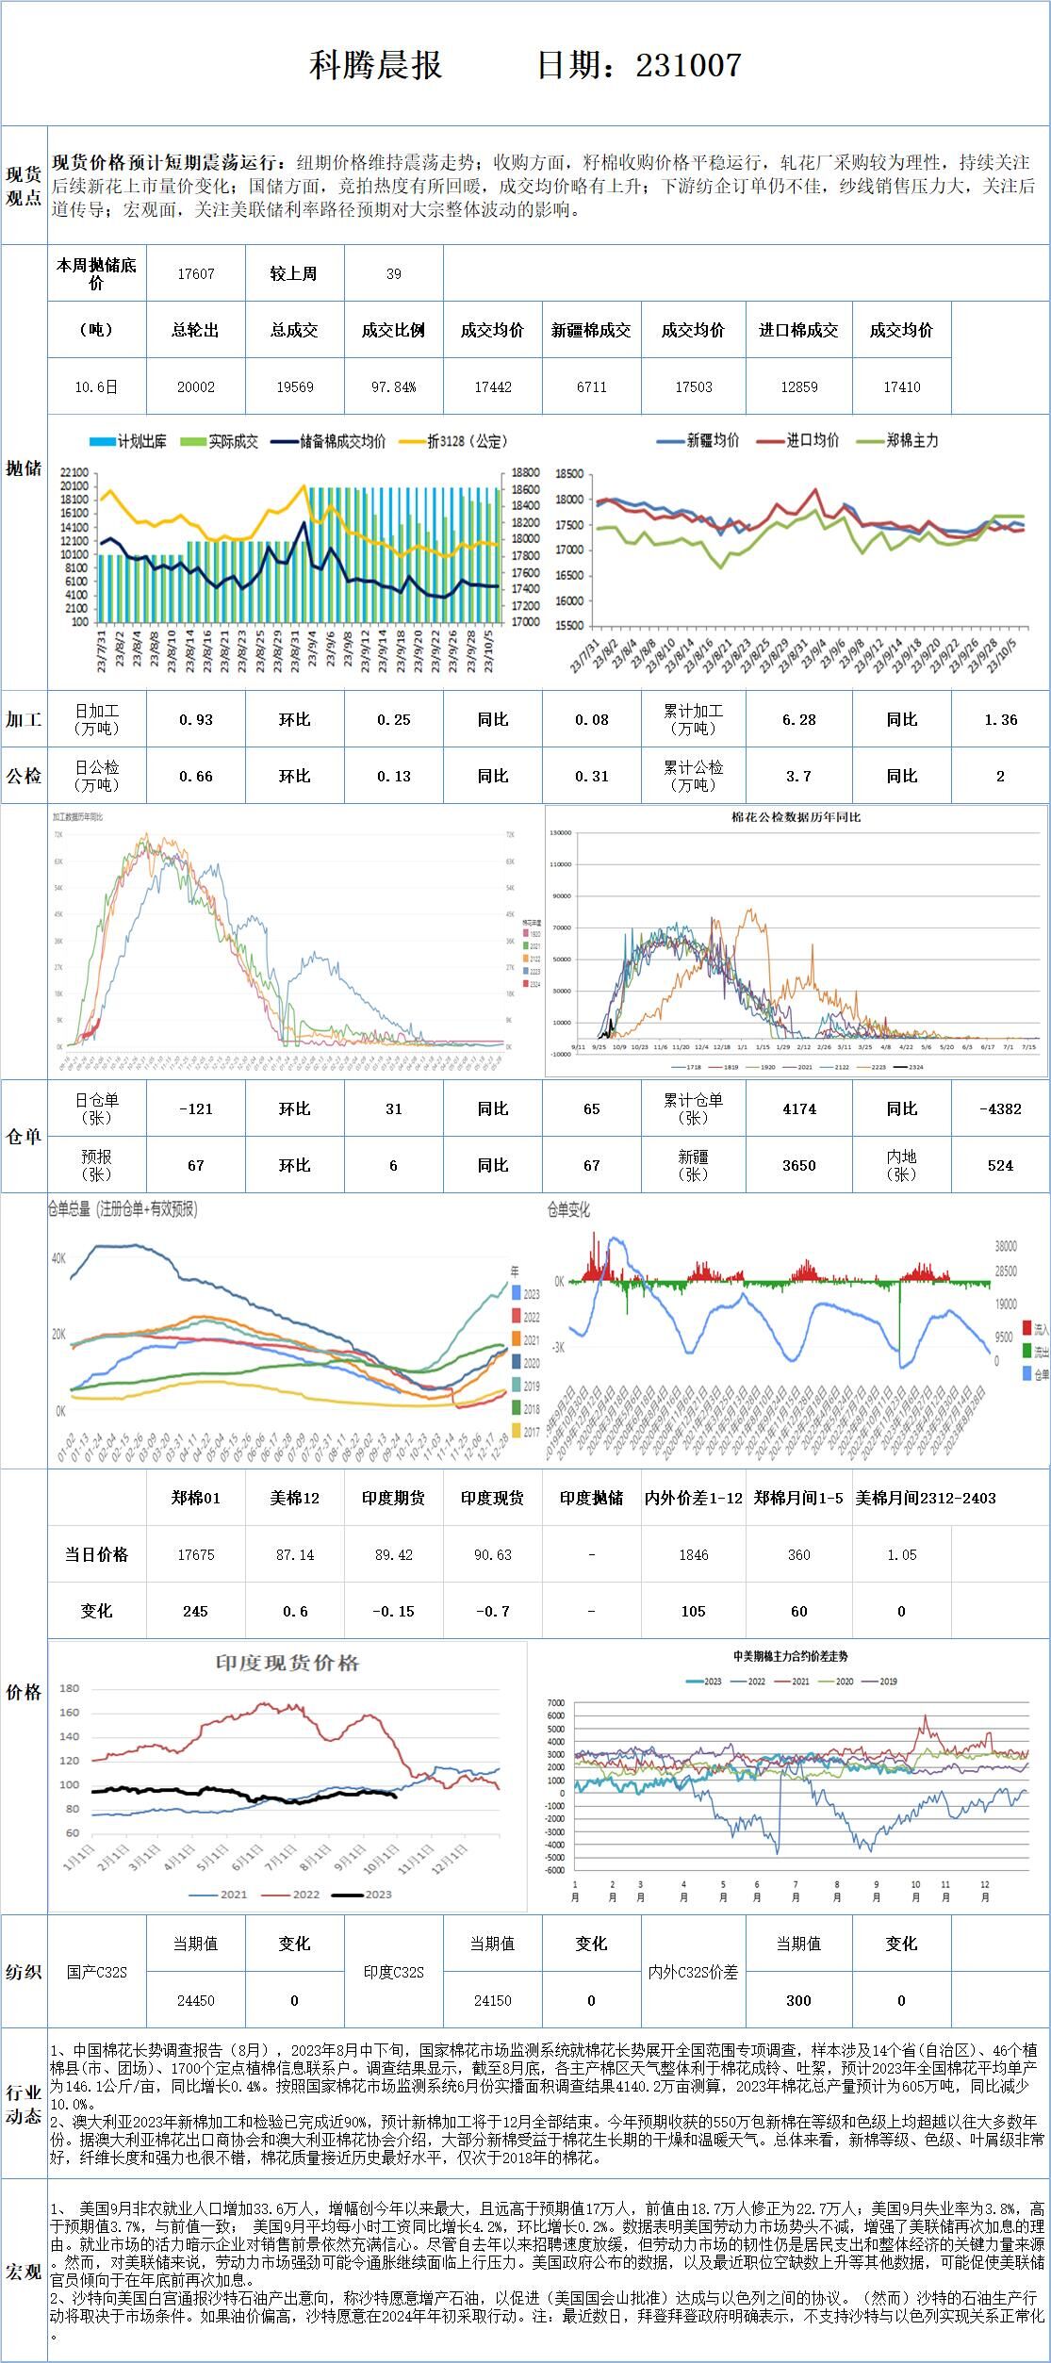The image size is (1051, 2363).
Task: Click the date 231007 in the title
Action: (688, 65)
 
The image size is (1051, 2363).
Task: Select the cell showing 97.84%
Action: (393, 386)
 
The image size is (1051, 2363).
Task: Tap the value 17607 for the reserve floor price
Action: (196, 273)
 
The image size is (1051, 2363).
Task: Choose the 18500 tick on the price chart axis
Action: (571, 474)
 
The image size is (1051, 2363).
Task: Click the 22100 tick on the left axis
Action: (73, 472)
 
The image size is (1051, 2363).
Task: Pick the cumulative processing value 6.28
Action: (798, 719)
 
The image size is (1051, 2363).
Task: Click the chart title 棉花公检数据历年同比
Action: (796, 817)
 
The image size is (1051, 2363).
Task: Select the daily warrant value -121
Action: (196, 1108)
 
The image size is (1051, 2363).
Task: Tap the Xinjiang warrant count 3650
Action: (798, 1165)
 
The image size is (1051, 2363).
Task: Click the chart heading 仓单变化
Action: (568, 1209)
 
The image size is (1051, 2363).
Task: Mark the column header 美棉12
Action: (295, 1498)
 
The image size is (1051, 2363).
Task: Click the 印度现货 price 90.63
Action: (492, 1554)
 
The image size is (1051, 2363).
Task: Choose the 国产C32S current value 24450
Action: (196, 2000)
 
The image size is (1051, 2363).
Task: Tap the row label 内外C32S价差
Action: (693, 1972)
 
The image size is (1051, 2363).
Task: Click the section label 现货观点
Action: (24, 186)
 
